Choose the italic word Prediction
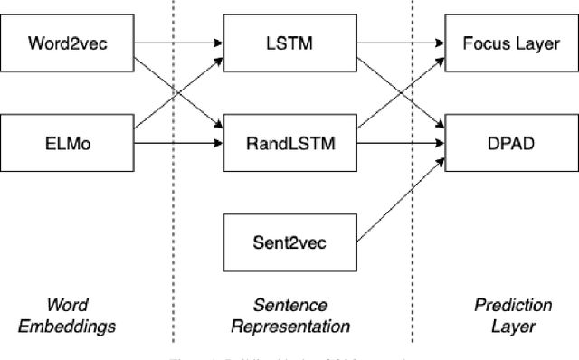click(500, 306)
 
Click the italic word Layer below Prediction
click(500, 327)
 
